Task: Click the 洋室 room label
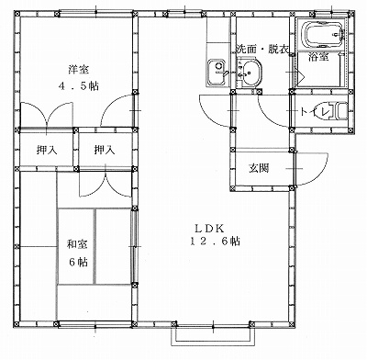click(79, 70)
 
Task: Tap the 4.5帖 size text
click(79, 86)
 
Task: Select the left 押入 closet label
click(47, 150)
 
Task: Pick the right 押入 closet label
click(105, 150)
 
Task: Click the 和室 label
click(77, 244)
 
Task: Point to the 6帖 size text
click(78, 262)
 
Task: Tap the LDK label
click(210, 228)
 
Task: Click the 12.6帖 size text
click(215, 242)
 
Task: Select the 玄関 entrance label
click(259, 168)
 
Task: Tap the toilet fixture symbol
click(341, 111)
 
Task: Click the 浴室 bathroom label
click(318, 57)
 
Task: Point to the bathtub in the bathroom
click(324, 34)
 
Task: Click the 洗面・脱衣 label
click(262, 49)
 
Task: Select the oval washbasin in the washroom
click(250, 73)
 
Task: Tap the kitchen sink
click(217, 71)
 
